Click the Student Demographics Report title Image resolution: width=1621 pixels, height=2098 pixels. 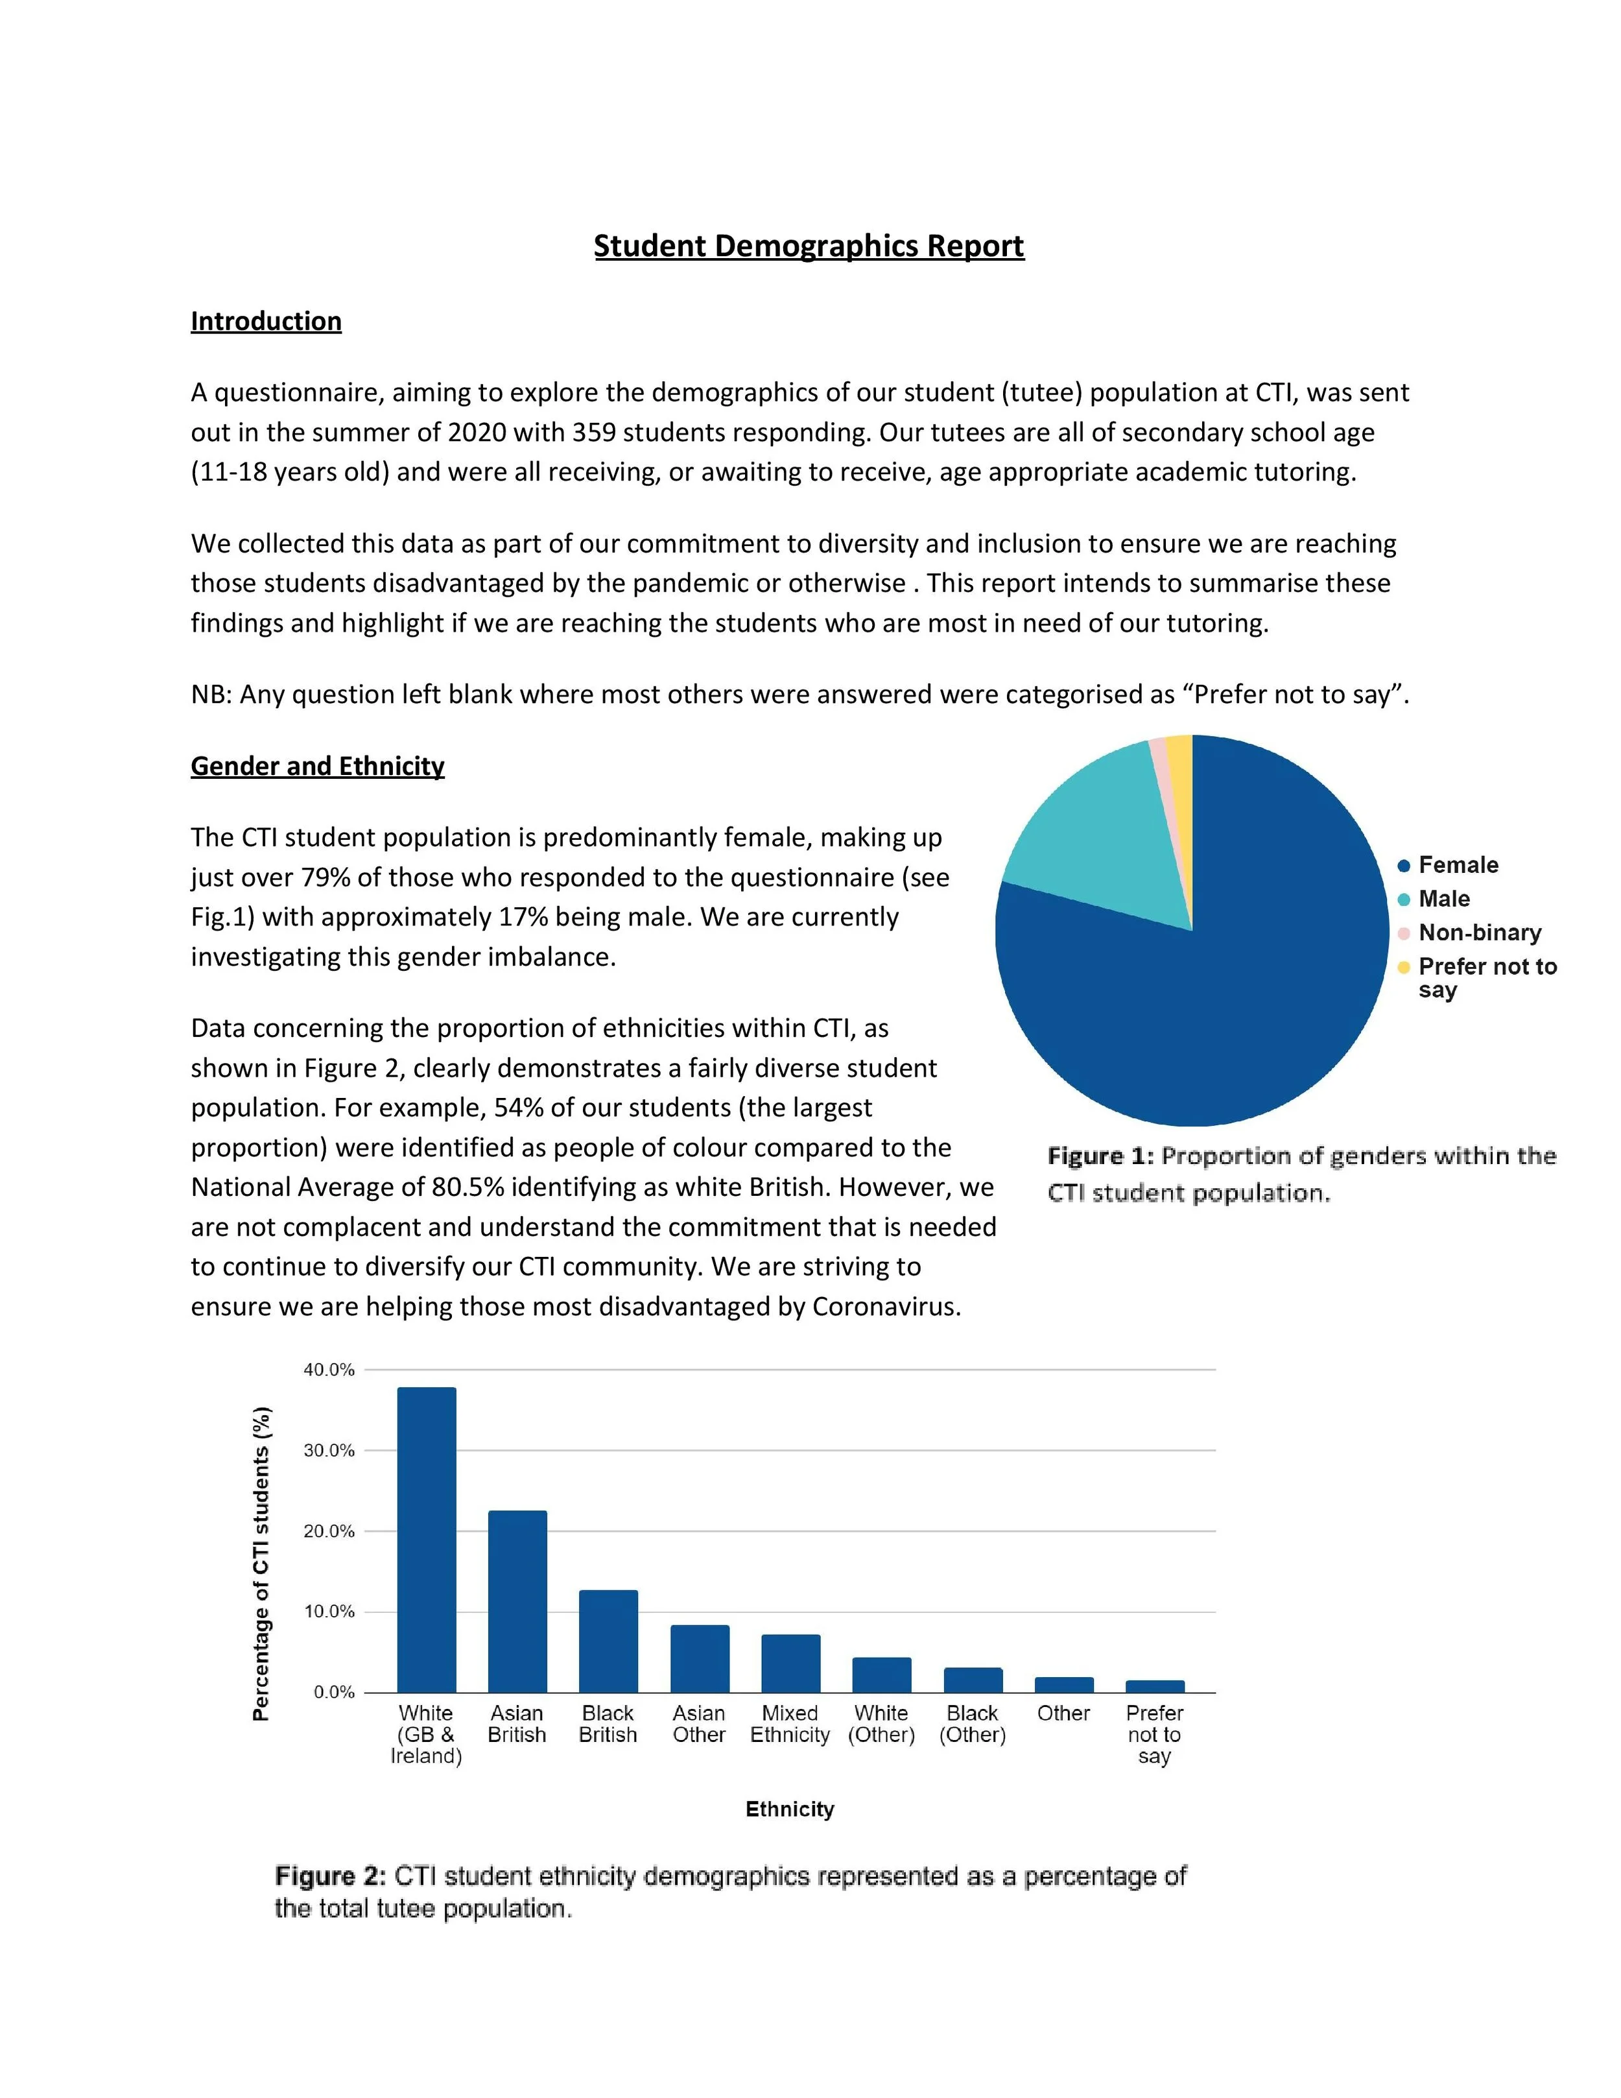point(809,246)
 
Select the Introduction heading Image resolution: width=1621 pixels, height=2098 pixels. point(266,321)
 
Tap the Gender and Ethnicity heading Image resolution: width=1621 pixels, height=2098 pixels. point(317,766)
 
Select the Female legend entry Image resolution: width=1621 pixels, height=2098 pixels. point(1457,864)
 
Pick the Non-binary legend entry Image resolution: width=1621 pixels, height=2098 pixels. point(1479,932)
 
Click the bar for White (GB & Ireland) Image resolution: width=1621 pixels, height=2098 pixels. point(427,1547)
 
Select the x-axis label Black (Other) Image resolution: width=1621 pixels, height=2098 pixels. point(972,1724)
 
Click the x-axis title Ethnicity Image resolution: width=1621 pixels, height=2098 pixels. point(789,1809)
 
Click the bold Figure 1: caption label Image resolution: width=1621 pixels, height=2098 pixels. point(1100,1156)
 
